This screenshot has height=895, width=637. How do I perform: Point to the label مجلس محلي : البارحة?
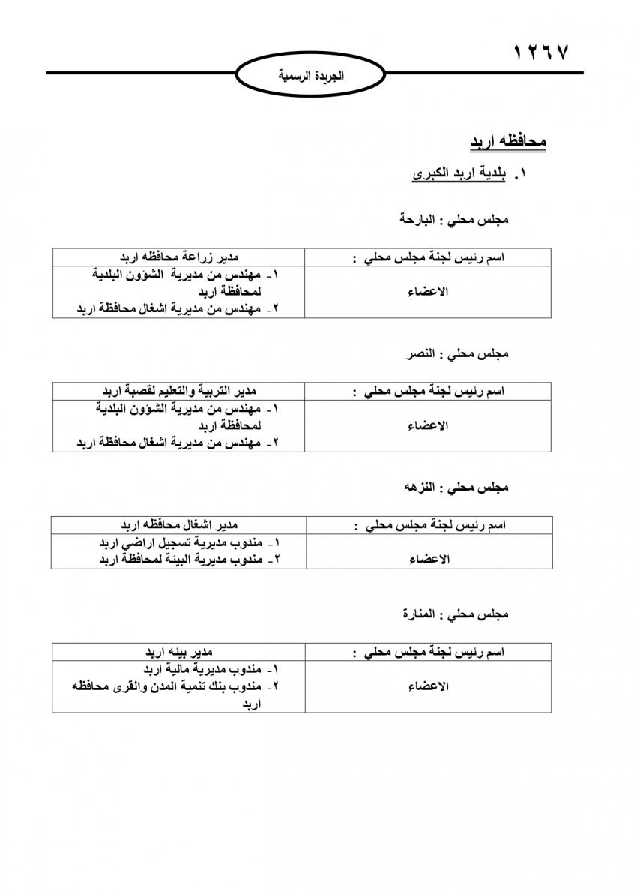coord(455,220)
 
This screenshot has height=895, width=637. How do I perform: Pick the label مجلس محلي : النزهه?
coord(456,488)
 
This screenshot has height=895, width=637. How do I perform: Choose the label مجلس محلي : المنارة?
coord(455,614)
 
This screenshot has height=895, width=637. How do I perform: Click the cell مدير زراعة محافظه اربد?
coord(179,257)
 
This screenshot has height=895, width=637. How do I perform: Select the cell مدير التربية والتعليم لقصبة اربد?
coord(180,391)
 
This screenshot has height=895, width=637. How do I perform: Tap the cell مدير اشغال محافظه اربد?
coord(179,524)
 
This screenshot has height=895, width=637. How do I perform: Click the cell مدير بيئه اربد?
coord(179,652)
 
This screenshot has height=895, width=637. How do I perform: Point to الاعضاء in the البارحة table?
coord(428,292)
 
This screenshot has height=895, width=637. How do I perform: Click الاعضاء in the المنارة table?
coord(428,686)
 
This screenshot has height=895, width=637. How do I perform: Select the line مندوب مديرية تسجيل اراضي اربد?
coord(189,542)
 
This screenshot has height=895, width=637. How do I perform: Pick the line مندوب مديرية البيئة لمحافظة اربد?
coord(189,559)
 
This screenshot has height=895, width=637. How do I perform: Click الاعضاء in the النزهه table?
coord(428,560)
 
